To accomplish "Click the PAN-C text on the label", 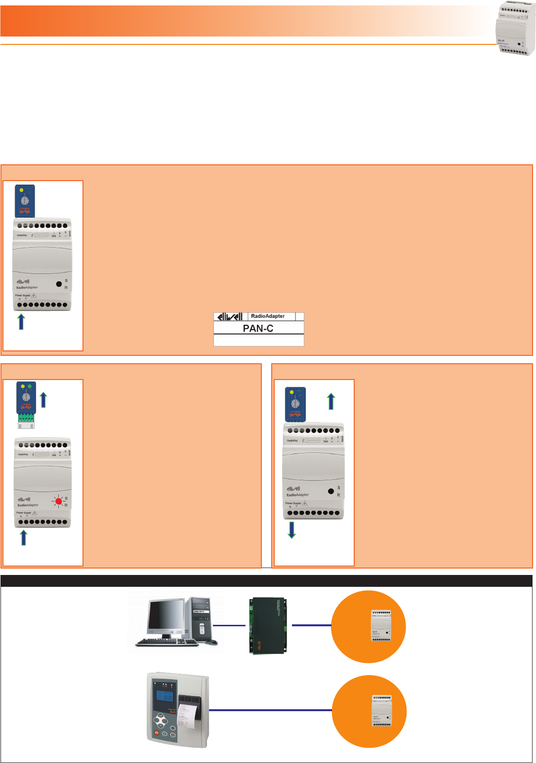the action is (258, 328).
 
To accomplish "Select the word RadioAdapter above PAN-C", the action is (268, 316).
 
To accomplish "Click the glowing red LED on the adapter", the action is (59, 501).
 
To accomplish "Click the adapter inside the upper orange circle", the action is (381, 625).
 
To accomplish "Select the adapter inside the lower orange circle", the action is (382, 711).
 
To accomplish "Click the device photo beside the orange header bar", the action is (515, 34).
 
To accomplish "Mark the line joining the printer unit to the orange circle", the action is (270, 710).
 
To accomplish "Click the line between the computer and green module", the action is (229, 625).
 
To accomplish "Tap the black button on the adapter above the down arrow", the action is (330, 491).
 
